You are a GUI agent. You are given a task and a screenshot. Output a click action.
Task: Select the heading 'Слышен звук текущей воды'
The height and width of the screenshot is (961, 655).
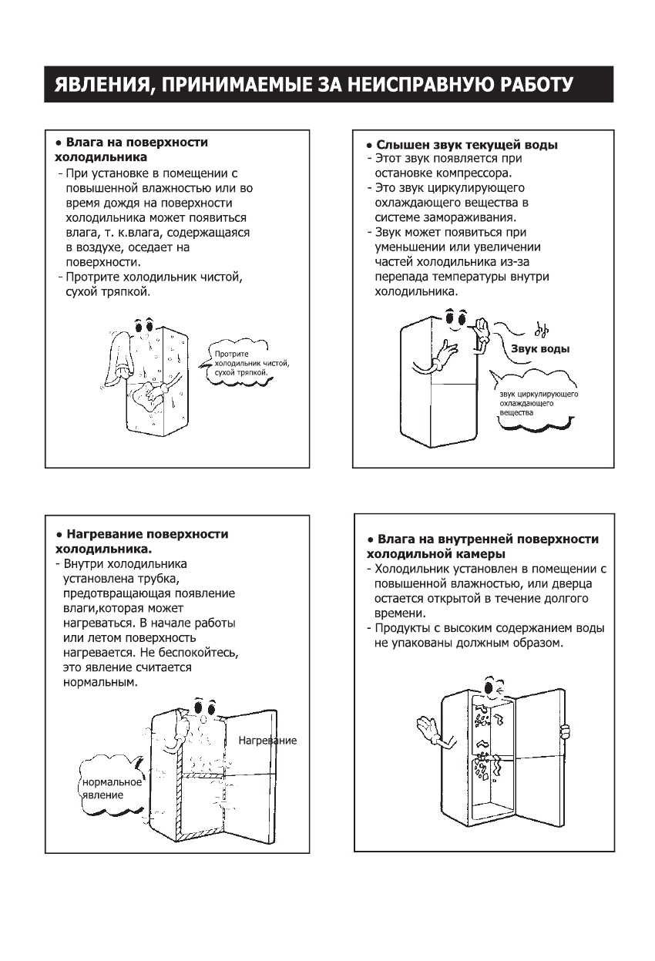pos(467,145)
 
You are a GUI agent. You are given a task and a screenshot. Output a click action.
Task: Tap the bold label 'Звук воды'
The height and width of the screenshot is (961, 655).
pos(540,349)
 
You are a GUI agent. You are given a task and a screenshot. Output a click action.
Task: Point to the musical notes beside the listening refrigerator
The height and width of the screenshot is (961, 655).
pos(541,329)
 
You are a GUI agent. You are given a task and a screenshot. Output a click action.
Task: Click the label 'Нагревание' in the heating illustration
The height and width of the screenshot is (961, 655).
pos(267,741)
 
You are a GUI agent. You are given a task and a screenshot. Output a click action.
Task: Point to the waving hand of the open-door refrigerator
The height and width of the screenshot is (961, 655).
pos(426,728)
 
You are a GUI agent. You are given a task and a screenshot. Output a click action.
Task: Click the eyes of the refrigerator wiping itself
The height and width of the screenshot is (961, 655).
pos(143,325)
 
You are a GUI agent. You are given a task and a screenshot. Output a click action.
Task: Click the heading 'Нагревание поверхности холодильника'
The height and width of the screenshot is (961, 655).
pos(143,541)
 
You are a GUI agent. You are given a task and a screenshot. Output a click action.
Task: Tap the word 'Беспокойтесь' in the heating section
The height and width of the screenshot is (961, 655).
pos(203,653)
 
